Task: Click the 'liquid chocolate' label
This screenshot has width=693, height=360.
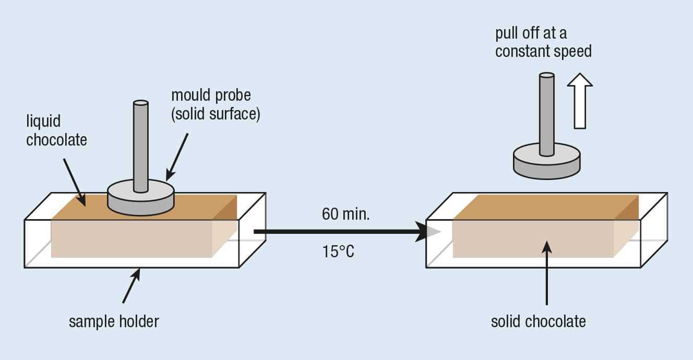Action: (x=56, y=130)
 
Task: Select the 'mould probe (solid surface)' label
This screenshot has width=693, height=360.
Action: (x=215, y=105)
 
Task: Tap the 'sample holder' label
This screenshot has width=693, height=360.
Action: (x=114, y=321)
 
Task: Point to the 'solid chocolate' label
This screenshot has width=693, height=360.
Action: (x=538, y=321)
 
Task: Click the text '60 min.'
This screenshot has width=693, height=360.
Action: (x=345, y=214)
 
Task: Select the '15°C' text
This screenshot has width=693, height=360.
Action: (x=338, y=252)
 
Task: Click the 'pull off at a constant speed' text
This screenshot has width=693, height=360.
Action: (x=543, y=42)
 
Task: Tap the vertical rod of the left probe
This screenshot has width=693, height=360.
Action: (x=141, y=146)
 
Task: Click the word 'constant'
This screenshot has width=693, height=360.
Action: (x=523, y=52)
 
